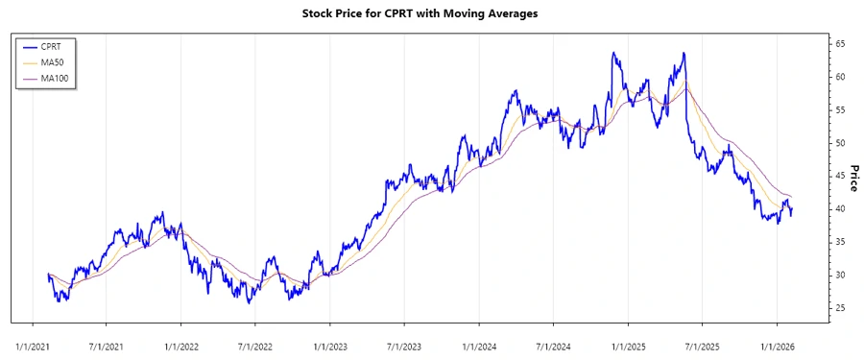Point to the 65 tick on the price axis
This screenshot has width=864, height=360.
[839, 44]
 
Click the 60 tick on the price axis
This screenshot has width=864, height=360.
[839, 77]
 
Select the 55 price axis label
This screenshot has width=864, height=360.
[839, 110]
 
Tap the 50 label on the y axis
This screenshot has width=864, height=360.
[839, 143]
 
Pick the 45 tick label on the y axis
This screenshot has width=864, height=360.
[839, 176]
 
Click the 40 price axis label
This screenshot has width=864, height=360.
[839, 209]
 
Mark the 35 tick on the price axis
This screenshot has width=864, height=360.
[839, 242]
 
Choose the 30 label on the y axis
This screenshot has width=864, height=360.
[839, 276]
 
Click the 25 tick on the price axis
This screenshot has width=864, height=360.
[839, 308]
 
